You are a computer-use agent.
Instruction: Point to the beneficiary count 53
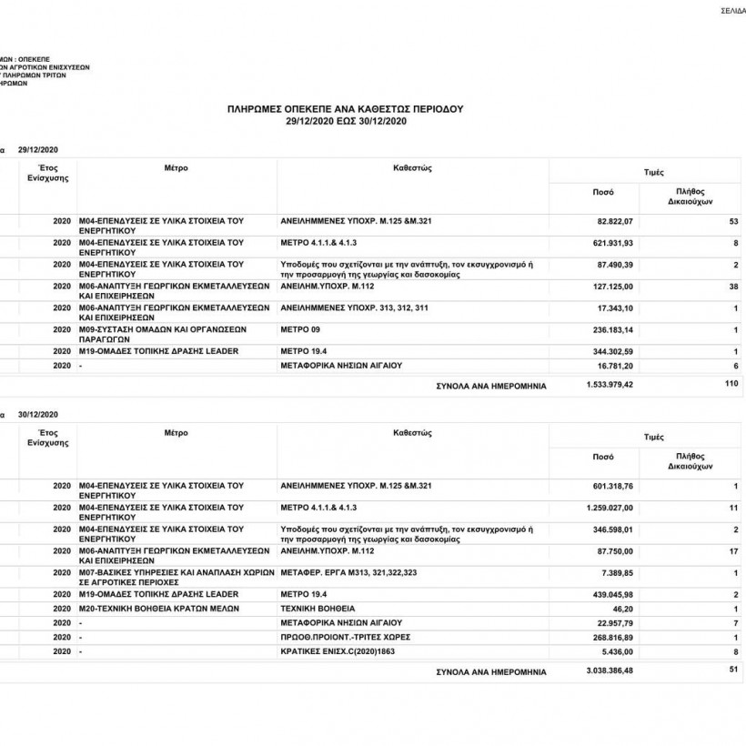733,222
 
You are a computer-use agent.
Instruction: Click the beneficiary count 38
733,287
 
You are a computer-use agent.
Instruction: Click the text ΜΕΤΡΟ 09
301,328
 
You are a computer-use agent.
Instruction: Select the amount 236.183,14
613,328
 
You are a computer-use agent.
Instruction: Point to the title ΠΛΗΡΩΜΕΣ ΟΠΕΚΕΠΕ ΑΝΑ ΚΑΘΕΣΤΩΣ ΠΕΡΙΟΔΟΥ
345,108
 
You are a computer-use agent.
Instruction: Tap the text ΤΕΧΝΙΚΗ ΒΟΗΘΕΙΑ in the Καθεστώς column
318,608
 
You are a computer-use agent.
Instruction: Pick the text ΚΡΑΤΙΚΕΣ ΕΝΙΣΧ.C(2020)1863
338,652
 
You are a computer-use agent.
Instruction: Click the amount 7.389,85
616,572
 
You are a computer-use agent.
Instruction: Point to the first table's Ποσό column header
603,192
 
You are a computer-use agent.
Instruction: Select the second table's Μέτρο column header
176,433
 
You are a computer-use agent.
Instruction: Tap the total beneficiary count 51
733,670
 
